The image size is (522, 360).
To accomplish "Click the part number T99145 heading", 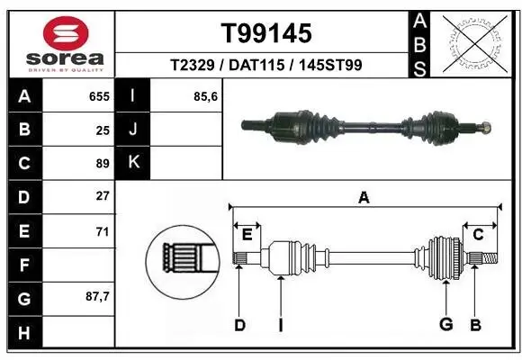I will tap(266, 33).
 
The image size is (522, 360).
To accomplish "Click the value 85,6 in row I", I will tap(206, 95).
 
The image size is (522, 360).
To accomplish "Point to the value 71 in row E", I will tap(103, 231).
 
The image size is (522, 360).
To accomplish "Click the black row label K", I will tap(132, 162).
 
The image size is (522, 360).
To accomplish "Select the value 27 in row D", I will tap(103, 195).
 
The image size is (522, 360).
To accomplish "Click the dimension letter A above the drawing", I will tap(364, 197).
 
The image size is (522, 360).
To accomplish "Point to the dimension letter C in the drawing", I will tap(478, 235).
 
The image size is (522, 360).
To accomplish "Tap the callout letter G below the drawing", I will tap(444, 325).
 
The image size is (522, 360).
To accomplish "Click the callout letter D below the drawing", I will tap(239, 325).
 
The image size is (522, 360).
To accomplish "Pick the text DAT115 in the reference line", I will tap(265, 66).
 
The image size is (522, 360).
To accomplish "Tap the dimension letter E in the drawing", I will tap(247, 235).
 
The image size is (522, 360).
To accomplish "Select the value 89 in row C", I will tap(103, 164).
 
